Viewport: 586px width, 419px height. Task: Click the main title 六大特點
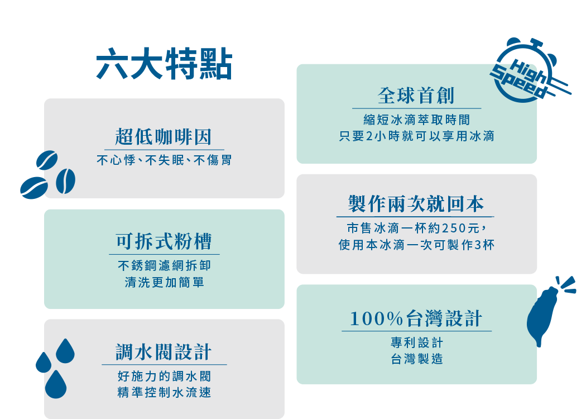(165, 64)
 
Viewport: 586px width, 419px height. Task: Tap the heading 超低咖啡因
(164, 136)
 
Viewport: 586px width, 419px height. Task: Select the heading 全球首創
(416, 96)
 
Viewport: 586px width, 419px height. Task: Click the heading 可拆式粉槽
(164, 241)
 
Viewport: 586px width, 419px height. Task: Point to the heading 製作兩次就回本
(416, 204)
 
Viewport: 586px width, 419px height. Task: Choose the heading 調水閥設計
(164, 352)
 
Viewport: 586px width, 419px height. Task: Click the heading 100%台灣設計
(416, 319)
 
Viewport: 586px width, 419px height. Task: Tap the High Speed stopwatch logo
(529, 71)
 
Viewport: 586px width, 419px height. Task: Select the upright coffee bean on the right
(65, 181)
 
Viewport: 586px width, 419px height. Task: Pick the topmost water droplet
(65, 351)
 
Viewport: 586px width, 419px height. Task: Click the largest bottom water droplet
(56, 384)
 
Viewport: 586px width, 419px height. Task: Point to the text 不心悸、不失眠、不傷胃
(164, 160)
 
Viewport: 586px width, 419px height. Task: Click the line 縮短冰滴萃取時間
(416, 120)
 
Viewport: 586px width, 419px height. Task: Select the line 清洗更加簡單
(164, 282)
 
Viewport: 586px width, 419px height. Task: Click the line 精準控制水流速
(164, 392)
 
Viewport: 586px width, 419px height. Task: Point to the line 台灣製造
(417, 359)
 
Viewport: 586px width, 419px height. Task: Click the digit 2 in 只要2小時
(369, 136)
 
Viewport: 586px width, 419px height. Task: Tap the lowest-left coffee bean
(34, 188)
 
